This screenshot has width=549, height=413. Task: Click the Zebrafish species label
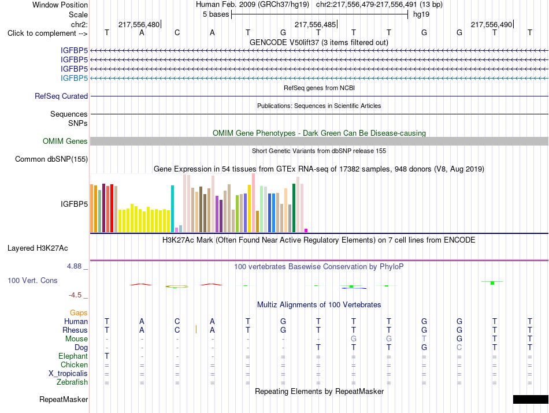72,382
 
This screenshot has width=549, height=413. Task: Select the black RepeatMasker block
531,399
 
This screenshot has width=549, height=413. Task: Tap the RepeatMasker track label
64,399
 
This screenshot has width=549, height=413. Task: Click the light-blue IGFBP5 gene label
74,78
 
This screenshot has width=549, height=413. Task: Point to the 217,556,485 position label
315,24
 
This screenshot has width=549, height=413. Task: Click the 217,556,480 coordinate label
139,24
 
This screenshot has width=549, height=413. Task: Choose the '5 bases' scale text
216,14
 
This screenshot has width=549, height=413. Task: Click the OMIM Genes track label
65,141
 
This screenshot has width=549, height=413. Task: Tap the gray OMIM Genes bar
319,141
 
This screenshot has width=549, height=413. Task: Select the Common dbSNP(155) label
51,159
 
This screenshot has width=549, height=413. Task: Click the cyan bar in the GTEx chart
172,209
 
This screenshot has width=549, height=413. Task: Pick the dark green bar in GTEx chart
294,208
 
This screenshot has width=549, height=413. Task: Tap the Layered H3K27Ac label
38,248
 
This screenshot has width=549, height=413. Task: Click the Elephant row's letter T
107,356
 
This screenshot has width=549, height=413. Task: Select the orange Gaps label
79,312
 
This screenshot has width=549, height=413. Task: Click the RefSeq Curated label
61,96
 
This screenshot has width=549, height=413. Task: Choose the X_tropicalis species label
68,374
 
